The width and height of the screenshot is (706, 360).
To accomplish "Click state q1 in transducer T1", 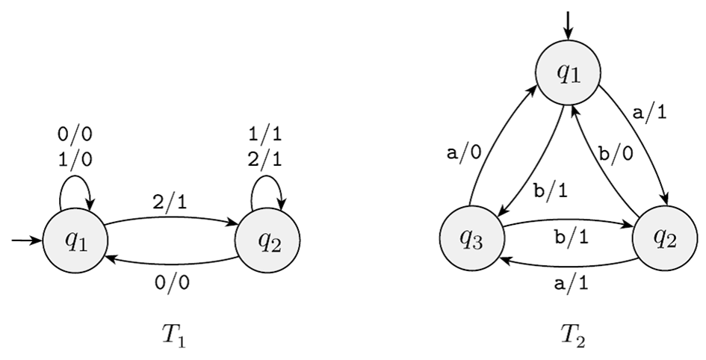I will click(75, 240).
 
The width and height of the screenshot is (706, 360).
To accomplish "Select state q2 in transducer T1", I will click(267, 240).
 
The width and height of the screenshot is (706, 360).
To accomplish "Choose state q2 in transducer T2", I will click(664, 240).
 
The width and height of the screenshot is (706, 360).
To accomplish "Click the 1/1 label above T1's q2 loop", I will click(267, 136).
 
